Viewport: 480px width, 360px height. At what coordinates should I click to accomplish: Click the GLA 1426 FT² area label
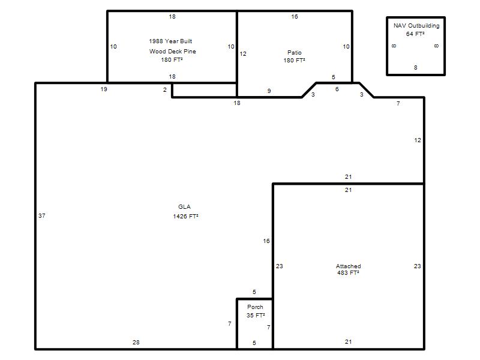pos(185,212)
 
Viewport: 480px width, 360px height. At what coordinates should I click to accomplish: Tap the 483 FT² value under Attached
pos(348,273)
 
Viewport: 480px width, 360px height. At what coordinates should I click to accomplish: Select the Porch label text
pos(255,307)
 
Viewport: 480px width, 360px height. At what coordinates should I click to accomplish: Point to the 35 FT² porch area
pos(256,316)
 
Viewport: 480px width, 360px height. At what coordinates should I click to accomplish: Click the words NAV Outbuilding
pos(416,26)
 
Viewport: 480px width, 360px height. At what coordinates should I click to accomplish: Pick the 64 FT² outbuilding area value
pos(415,34)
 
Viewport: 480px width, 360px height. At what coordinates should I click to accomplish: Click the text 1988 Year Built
pos(170,41)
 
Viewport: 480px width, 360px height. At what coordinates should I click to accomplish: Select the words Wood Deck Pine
pos(173,52)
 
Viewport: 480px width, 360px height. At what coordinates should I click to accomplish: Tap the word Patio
pos(295,53)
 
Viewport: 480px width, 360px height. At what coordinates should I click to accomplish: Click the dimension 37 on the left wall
pos(42,216)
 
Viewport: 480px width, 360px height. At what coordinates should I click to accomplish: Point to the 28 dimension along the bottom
pos(136,342)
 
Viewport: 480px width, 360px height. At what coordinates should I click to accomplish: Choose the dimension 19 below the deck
pos(104,89)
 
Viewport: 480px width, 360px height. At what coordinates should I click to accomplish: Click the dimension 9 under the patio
pos(269,91)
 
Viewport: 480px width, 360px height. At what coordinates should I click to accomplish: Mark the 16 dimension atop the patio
pos(295,17)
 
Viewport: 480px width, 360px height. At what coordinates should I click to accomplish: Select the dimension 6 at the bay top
pos(337,89)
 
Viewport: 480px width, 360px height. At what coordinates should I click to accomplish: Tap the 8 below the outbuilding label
pos(415,68)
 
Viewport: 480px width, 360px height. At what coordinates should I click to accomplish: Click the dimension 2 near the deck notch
pos(164,89)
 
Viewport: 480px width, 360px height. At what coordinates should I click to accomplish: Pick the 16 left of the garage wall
pos(266,241)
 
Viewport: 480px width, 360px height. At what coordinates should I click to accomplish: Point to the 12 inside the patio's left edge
pos(243,54)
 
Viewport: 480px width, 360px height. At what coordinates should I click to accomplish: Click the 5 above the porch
pos(254,292)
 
